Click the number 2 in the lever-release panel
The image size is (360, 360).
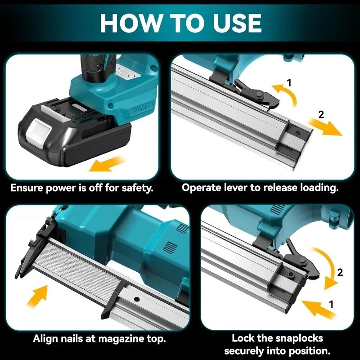321,114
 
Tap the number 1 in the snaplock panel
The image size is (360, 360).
332,304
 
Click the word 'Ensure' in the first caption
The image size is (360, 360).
27,187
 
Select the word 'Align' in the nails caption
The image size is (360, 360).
46,338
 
